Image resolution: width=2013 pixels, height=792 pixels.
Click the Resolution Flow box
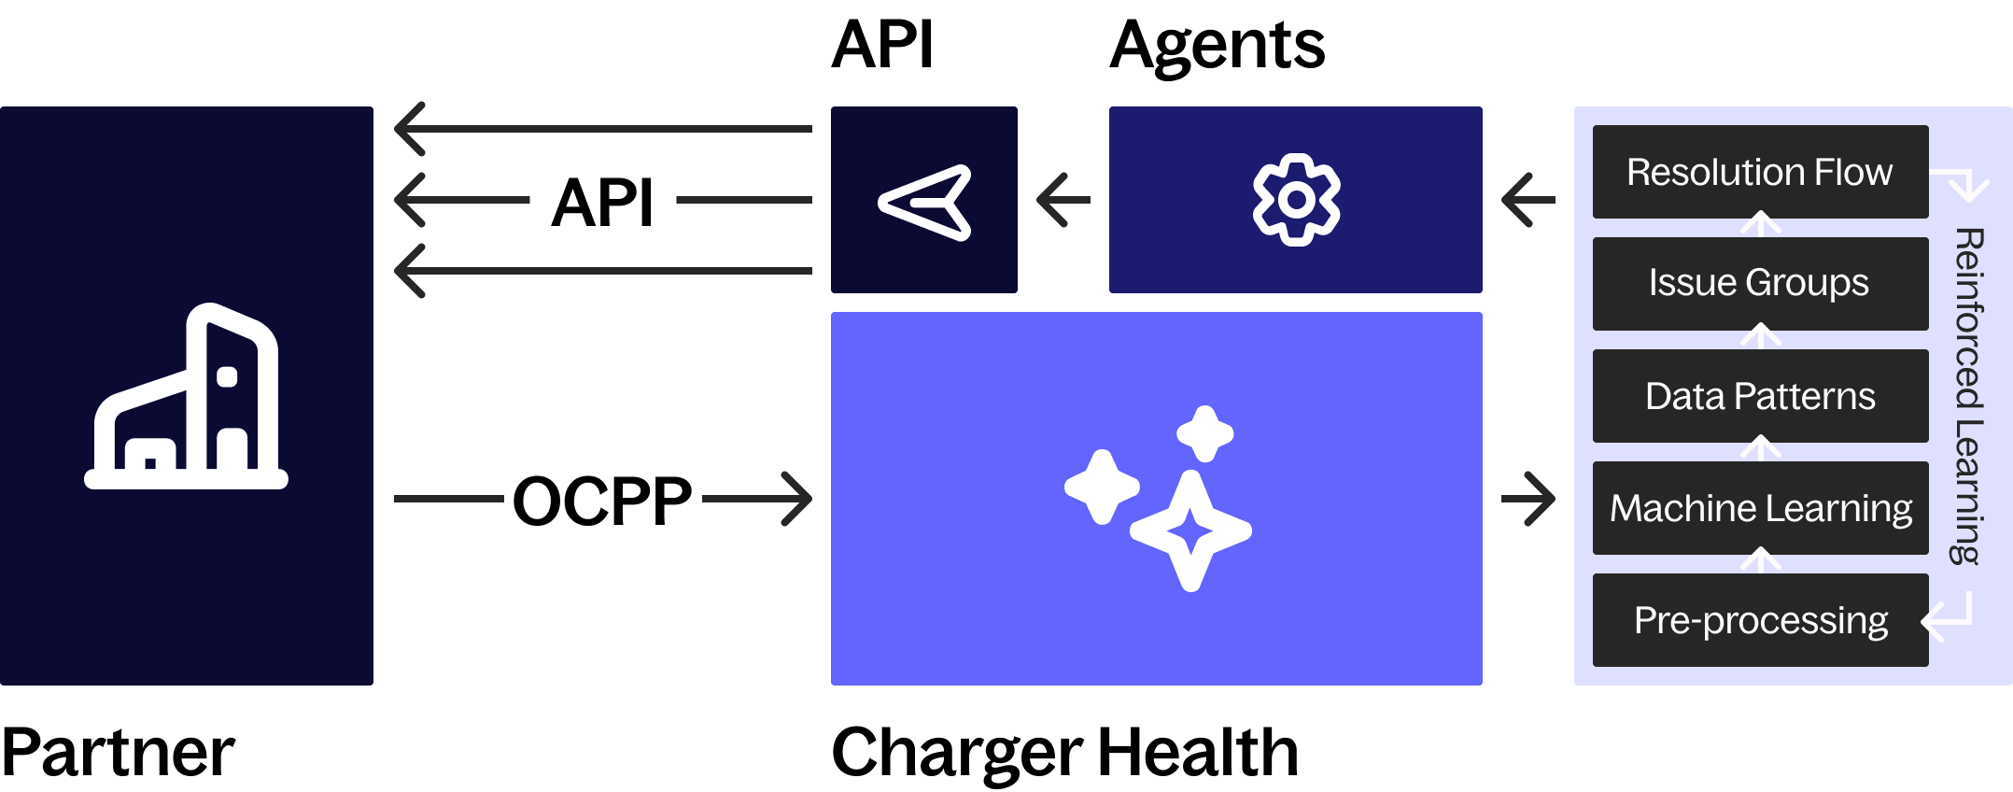point(1760,172)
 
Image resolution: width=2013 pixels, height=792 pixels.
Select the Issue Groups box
point(1760,283)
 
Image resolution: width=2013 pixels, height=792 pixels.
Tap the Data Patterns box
point(1760,396)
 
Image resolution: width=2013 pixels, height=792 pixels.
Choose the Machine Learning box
point(1760,508)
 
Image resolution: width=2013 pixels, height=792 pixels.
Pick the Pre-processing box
point(1760,620)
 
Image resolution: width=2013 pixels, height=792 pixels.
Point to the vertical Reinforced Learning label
point(1968,396)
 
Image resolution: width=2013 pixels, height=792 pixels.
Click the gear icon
point(1296,200)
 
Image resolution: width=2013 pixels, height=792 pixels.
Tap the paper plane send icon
point(925,202)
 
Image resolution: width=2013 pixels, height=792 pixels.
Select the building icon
point(187,398)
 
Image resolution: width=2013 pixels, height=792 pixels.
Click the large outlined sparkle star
point(1190,530)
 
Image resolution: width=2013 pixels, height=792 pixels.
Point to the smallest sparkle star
point(1205,433)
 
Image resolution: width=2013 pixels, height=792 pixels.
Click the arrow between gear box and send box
point(1063,200)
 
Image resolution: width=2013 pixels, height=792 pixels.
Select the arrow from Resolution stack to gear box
point(1528,200)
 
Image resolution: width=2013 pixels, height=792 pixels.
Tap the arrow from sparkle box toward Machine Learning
point(1528,499)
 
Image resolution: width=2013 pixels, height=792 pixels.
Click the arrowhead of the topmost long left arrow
point(411,129)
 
